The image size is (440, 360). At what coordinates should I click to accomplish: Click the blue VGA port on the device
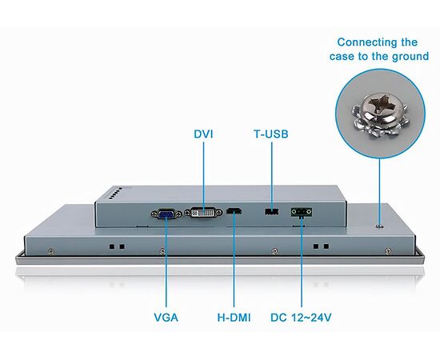[x=166, y=214]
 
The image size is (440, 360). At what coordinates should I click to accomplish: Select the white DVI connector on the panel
[x=203, y=212]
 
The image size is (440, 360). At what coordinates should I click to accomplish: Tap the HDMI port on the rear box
[x=234, y=210]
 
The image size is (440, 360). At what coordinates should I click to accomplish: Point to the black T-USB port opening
[x=272, y=211]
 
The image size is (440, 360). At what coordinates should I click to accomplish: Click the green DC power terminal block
[x=302, y=211]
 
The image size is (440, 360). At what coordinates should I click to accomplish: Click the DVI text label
[x=203, y=134]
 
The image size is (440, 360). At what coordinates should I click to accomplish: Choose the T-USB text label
[x=271, y=134]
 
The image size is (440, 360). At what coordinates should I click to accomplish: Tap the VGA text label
[x=166, y=318]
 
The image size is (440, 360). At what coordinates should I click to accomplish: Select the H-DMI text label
[x=234, y=318]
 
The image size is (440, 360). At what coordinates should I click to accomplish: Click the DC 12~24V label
[x=301, y=318]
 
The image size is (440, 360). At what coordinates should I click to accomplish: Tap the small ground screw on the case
[x=380, y=226]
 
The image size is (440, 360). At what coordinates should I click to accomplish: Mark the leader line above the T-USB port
[x=272, y=175]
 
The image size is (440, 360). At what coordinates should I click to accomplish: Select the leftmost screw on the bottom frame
[x=50, y=251]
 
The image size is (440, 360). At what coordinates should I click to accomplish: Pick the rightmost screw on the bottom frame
[x=387, y=251]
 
